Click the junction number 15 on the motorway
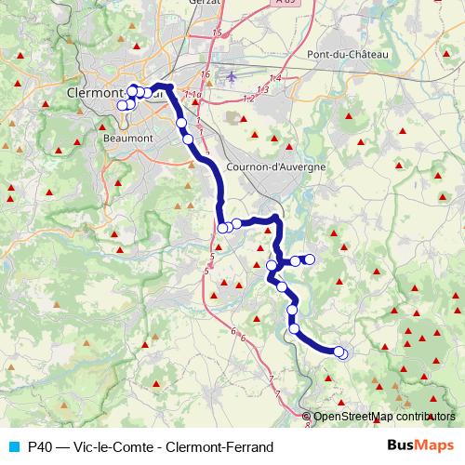pyautogui.click(x=218, y=33)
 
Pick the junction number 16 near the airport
pyautogui.click(x=206, y=74)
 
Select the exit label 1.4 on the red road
pyautogui.click(x=274, y=77)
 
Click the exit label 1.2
pyautogui.click(x=247, y=98)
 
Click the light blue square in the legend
pyautogui.click(x=11, y=445)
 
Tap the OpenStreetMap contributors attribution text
pyautogui.click(x=384, y=416)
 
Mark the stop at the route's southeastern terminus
pyautogui.click(x=342, y=353)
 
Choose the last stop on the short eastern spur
pyautogui.click(x=310, y=259)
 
